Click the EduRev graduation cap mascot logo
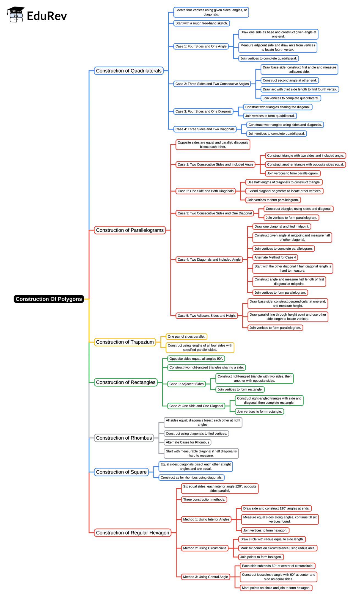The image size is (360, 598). pyautogui.click(x=16, y=15)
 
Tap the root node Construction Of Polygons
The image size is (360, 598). pyautogui.click(x=49, y=299)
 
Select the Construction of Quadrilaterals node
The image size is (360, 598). pyautogui.click(x=129, y=71)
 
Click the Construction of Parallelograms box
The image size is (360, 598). pyautogui.click(x=130, y=230)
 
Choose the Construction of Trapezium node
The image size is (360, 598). pyautogui.click(x=125, y=342)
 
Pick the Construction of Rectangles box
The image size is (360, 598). pyautogui.click(x=126, y=382)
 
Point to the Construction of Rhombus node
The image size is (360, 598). pyautogui.click(x=124, y=438)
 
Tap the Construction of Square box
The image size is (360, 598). pyautogui.click(x=121, y=472)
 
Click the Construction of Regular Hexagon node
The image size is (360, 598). pyautogui.click(x=133, y=533)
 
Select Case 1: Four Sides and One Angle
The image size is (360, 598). pyautogui.click(x=201, y=46)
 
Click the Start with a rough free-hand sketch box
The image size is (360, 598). pyautogui.click(x=202, y=23)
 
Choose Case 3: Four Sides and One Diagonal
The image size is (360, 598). pyautogui.click(x=203, y=111)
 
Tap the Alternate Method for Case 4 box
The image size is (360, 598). pyautogui.click(x=275, y=257)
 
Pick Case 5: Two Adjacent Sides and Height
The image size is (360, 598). pyautogui.click(x=207, y=316)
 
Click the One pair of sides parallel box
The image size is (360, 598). pyautogui.click(x=186, y=337)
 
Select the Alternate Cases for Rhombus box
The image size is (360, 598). pyautogui.click(x=188, y=442)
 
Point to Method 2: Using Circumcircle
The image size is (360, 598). pyautogui.click(x=205, y=548)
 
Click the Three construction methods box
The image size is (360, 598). pyautogui.click(x=204, y=500)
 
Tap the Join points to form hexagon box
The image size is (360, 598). pyautogui.click(x=261, y=557)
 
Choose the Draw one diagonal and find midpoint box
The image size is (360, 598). pyautogui.click(x=282, y=227)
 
